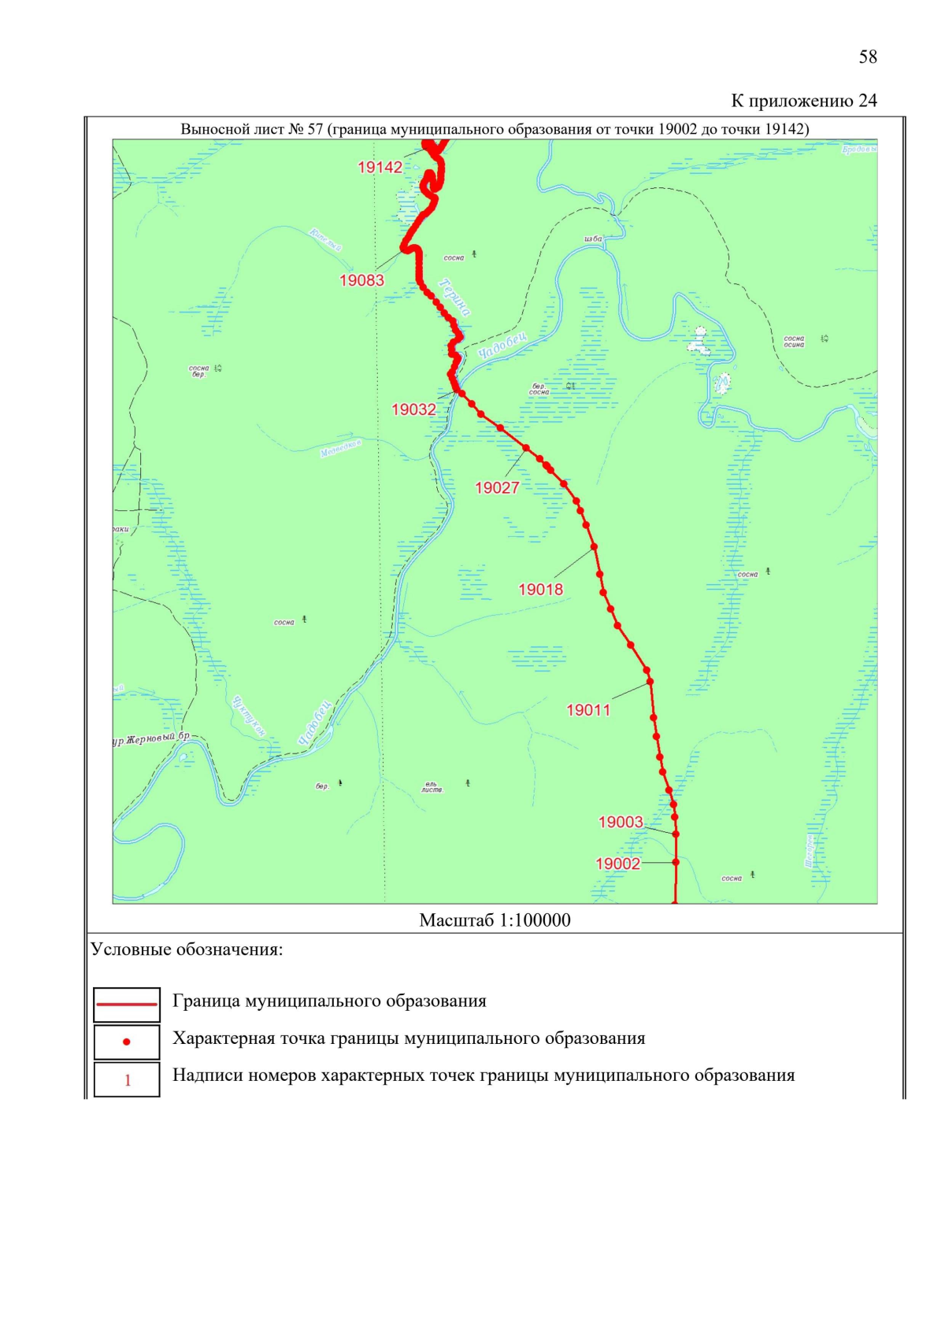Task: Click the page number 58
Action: (867, 57)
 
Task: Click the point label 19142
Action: (380, 167)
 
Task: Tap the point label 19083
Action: (361, 280)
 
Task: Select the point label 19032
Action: (413, 409)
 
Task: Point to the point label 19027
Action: (497, 488)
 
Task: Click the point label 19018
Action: (540, 589)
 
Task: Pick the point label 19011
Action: (588, 710)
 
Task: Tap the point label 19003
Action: (621, 822)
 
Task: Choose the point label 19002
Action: (617, 864)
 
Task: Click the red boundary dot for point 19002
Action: (676, 863)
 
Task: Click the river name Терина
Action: (455, 298)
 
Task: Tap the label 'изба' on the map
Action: (593, 239)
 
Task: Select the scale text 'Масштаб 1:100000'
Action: (495, 920)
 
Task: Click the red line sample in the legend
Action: (126, 1005)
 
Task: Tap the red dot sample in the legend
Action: (126, 1042)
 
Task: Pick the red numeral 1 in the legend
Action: (127, 1080)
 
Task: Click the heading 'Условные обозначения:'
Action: (187, 949)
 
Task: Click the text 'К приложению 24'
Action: (803, 101)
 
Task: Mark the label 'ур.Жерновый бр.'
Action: (151, 738)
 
